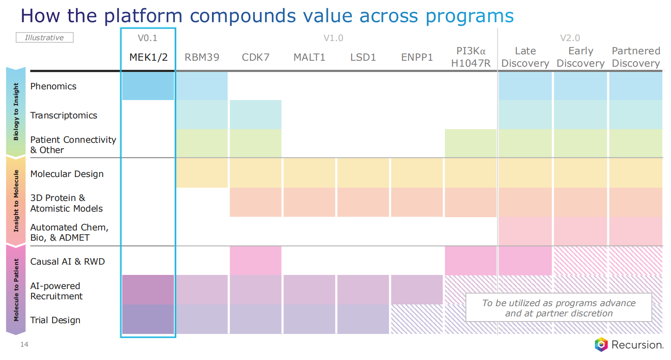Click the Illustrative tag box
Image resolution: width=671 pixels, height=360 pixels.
coord(44,38)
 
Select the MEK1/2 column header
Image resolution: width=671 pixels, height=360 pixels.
coord(148,57)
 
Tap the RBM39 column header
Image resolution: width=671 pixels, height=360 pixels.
coord(202,57)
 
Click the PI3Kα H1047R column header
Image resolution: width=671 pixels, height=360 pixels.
coord(471,57)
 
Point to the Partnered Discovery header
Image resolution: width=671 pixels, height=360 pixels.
coord(636,57)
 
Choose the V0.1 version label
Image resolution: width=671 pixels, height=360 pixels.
coord(147,38)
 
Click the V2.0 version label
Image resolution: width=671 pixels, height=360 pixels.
coord(570,38)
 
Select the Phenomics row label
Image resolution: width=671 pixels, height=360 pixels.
coord(53,86)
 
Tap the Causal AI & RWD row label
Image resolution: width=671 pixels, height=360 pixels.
coord(68,262)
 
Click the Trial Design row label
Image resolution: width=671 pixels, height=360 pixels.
coord(55,320)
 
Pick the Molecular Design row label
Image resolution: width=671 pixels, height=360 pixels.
coord(67,174)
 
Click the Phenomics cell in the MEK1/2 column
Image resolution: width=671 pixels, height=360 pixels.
coord(148,86)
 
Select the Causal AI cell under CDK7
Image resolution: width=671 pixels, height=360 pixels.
coord(256,260)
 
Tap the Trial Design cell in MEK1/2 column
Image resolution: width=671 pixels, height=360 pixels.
coord(148,319)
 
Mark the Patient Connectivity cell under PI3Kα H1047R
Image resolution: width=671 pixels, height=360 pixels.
coord(471,143)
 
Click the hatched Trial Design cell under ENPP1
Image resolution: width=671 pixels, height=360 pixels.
coord(417,319)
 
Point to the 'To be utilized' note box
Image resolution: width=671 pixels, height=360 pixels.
coord(559,308)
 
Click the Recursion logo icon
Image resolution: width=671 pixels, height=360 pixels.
coord(601,345)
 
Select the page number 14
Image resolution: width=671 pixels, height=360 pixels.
coord(24,345)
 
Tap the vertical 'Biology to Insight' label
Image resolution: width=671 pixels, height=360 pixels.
coord(16,112)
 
